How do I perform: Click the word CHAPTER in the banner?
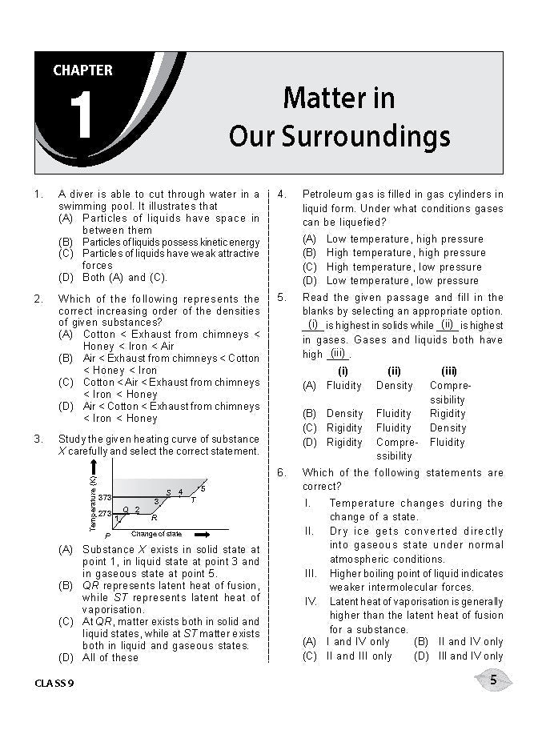pyautogui.click(x=82, y=70)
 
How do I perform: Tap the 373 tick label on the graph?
pyautogui.click(x=104, y=497)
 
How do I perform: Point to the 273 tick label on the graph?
pyautogui.click(x=104, y=513)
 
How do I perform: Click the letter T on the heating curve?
pyautogui.click(x=193, y=500)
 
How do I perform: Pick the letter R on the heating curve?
pyautogui.click(x=154, y=518)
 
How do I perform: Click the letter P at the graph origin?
pyautogui.click(x=106, y=535)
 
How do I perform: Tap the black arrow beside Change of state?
pyautogui.click(x=203, y=534)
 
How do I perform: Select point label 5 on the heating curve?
pyautogui.click(x=203, y=488)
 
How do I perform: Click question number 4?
pyautogui.click(x=283, y=195)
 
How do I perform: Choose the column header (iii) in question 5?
pyautogui.click(x=449, y=371)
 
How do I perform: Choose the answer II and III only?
pyautogui.click(x=348, y=656)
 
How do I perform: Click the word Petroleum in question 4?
pyautogui.click(x=330, y=195)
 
